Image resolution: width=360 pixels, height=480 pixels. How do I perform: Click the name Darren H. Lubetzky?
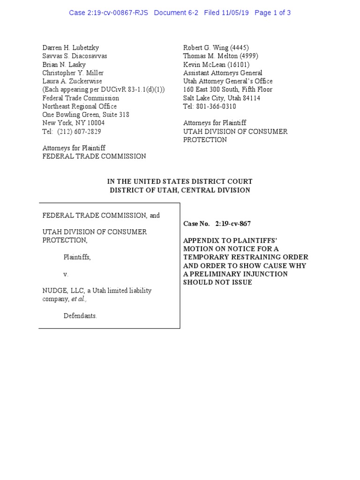[x=71, y=48]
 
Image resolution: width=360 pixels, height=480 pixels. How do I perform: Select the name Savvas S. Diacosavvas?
[x=75, y=56]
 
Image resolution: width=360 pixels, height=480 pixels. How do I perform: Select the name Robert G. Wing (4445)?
[x=216, y=48]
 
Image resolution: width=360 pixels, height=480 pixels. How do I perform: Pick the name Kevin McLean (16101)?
[x=216, y=65]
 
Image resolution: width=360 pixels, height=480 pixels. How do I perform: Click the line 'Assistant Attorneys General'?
[x=223, y=73]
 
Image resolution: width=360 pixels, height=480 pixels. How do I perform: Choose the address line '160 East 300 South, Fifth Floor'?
[x=227, y=90]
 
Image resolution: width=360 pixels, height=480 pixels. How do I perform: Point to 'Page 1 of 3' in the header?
[x=272, y=13]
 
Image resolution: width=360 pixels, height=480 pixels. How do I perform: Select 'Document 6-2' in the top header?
[x=176, y=13]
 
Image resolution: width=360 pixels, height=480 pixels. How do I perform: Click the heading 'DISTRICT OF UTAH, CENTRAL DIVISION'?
[x=180, y=190]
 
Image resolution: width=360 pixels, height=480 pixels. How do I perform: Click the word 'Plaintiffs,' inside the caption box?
[x=77, y=257]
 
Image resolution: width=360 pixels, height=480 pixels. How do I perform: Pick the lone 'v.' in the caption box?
[x=66, y=274]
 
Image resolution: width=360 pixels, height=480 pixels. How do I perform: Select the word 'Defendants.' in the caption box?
[x=80, y=316]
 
